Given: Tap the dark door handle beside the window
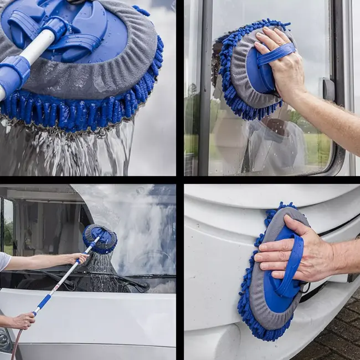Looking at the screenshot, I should (328, 89).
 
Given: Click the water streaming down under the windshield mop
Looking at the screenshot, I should (100, 271).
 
